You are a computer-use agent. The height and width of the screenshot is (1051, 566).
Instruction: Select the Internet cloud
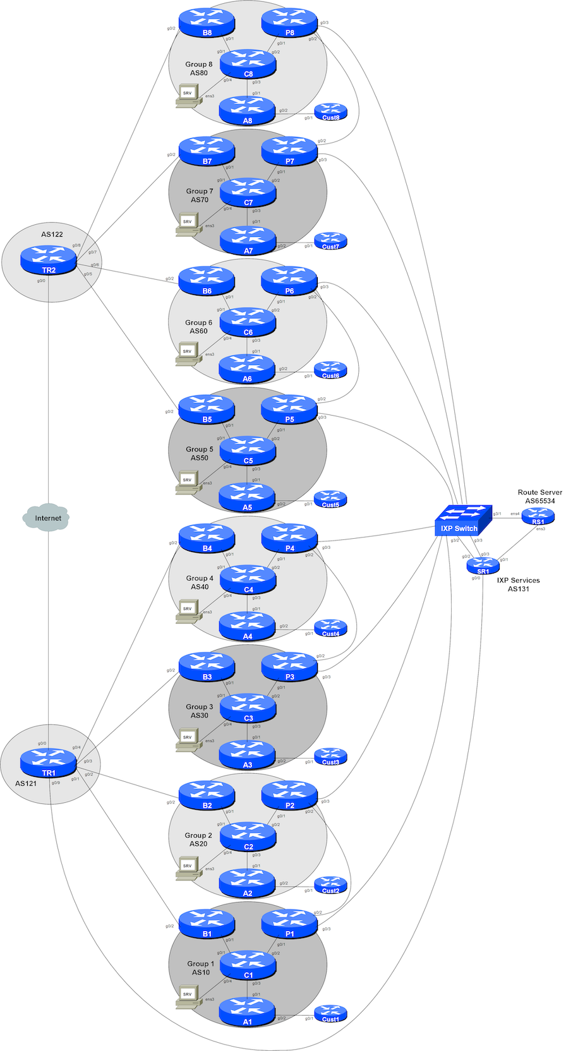coord(49,518)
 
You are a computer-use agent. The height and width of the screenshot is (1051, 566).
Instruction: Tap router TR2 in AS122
coord(49,260)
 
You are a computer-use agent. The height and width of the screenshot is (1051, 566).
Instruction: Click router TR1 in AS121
coord(49,762)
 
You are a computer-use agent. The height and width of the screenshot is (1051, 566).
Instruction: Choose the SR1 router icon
coord(483,566)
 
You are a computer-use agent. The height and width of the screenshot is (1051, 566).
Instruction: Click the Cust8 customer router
coord(330,112)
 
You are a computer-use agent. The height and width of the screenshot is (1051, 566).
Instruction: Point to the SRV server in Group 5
coord(188,481)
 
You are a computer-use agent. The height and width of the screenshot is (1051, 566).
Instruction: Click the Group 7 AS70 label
coord(200,195)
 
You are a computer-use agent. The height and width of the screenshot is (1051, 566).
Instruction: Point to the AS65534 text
coord(539,501)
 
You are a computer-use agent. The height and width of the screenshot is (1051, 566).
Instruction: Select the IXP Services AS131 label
coord(518,584)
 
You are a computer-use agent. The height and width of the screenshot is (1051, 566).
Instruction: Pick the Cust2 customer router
coord(330,886)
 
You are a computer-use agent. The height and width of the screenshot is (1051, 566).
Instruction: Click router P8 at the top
coord(289,22)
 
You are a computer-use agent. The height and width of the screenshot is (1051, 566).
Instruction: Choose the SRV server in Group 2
coord(188,867)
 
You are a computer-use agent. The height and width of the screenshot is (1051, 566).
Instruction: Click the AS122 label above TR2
coord(52,234)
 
